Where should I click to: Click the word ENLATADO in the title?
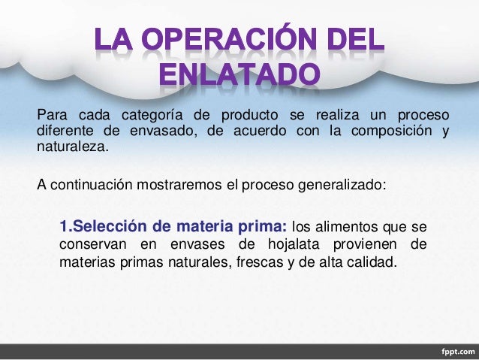point(239,74)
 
